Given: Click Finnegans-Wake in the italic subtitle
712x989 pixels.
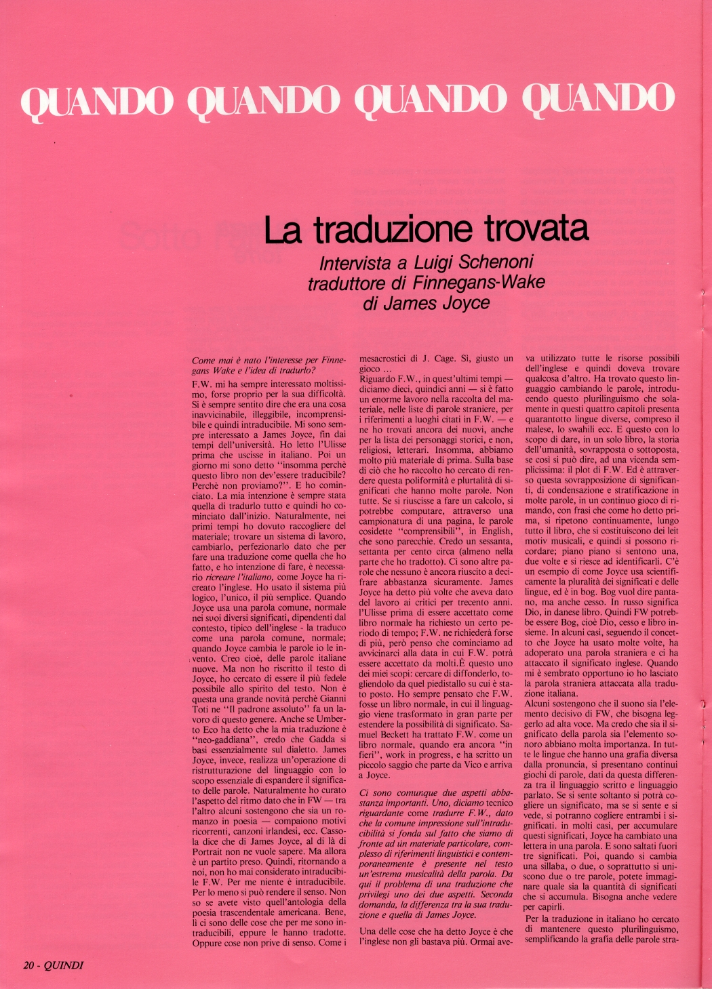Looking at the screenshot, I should pos(488,282).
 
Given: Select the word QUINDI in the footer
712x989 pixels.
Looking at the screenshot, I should pos(64,966).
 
